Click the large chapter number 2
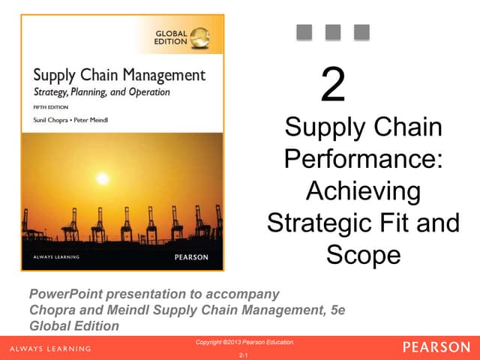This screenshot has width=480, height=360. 333,86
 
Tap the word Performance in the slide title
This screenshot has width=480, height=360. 362,160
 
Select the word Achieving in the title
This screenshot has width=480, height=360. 362,192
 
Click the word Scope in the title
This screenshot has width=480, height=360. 363,255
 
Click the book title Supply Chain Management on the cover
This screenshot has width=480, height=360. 118,75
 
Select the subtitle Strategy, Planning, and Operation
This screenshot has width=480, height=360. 101,92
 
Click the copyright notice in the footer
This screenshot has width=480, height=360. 244,343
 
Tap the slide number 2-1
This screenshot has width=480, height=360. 243,354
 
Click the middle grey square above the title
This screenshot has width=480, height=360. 333,31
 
